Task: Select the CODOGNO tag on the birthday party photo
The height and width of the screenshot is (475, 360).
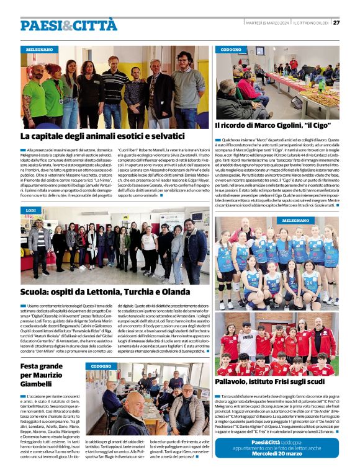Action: click(x=101, y=366)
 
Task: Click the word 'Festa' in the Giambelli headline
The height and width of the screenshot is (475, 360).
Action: click(x=32, y=366)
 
